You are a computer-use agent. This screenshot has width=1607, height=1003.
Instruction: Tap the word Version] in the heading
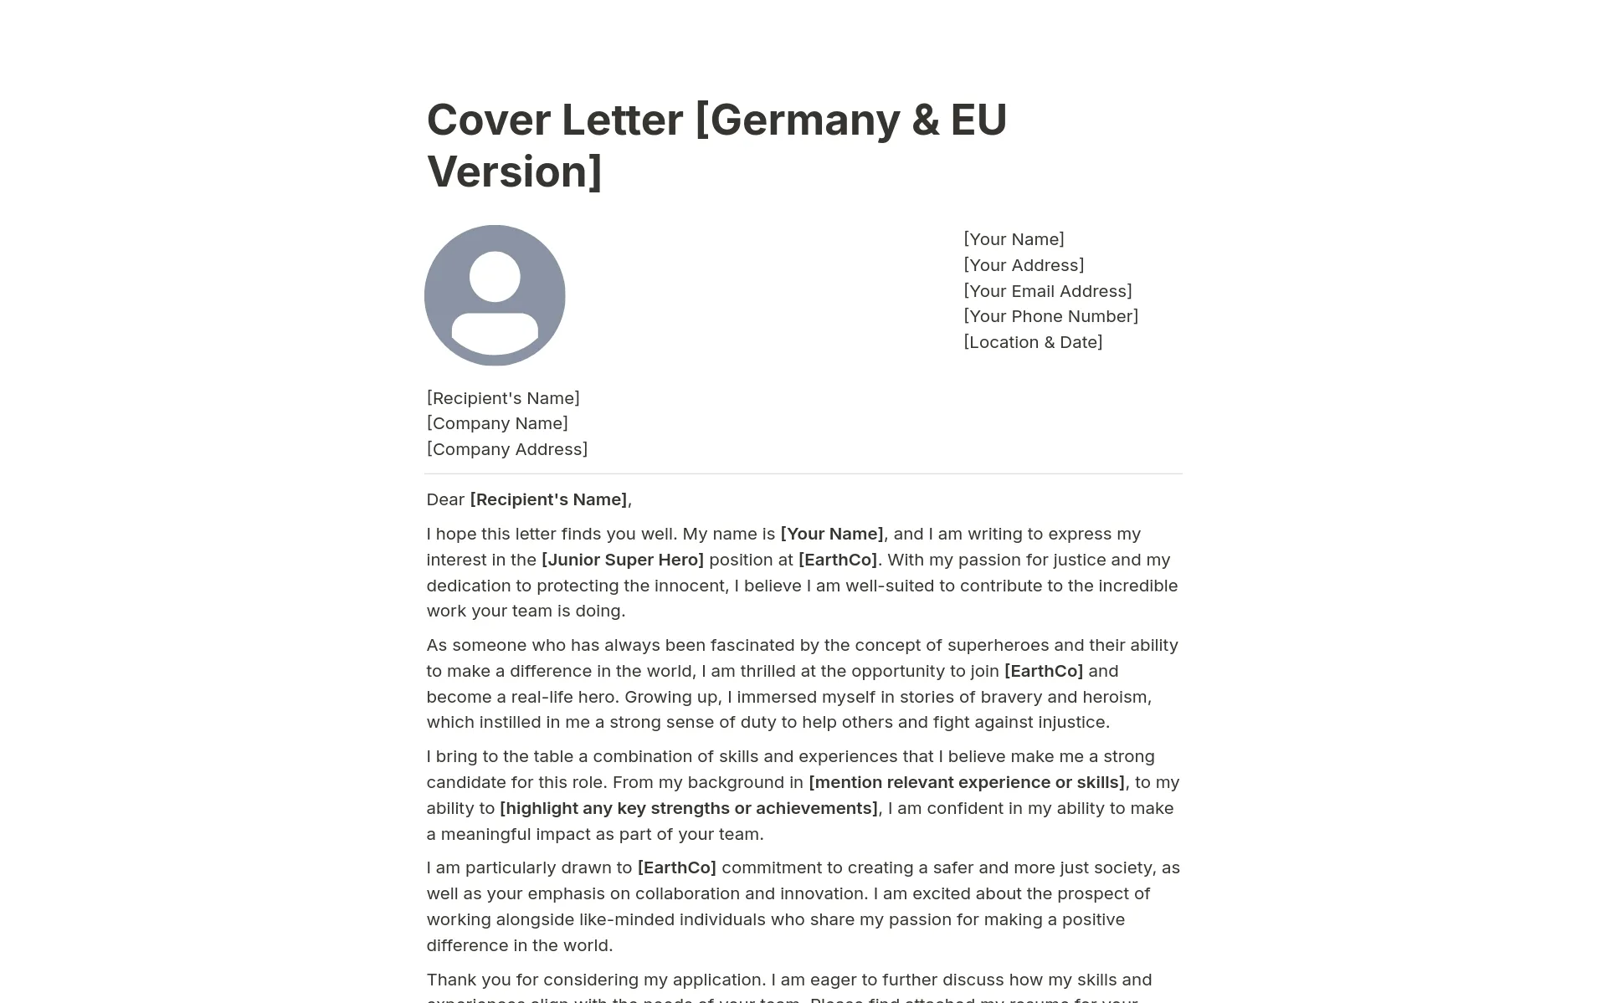(x=514, y=171)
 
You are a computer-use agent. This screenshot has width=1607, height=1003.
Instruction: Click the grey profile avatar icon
(x=495, y=295)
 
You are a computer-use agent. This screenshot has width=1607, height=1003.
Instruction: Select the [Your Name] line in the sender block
(x=1014, y=239)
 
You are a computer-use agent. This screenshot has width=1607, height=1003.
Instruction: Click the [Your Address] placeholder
(x=1024, y=265)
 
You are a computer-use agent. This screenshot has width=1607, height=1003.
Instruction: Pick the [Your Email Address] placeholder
(x=1047, y=291)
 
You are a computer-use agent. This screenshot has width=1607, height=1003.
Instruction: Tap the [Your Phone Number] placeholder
(x=1050, y=316)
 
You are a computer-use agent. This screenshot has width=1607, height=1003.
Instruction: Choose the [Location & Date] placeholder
(x=1033, y=342)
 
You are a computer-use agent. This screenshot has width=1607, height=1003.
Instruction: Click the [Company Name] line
(x=497, y=423)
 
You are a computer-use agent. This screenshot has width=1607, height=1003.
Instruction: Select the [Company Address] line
(x=507, y=449)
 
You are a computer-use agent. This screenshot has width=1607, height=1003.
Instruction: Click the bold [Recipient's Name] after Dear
(x=548, y=499)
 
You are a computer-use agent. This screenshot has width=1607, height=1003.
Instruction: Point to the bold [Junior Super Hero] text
(x=623, y=560)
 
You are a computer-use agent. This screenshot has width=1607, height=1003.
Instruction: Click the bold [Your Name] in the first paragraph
(x=832, y=534)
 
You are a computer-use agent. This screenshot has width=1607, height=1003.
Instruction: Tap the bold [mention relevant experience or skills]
(x=967, y=782)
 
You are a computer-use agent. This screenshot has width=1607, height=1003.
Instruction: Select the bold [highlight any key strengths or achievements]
(x=689, y=808)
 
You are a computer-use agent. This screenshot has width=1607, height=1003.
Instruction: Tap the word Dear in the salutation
(x=445, y=499)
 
